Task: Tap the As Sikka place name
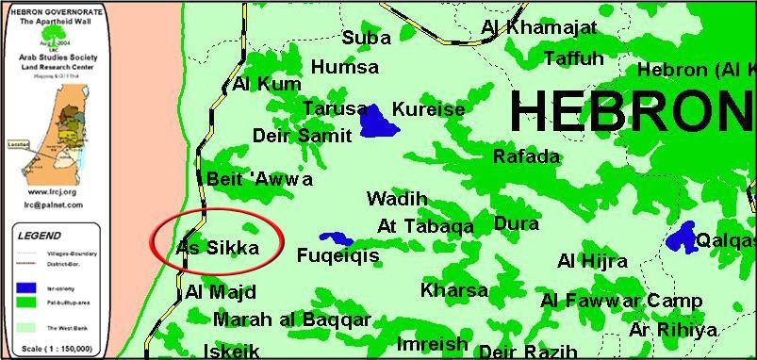[x=218, y=248]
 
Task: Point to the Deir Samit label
[x=302, y=136]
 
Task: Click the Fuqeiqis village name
[x=337, y=255]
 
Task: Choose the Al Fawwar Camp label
[x=621, y=301]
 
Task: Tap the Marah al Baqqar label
[x=291, y=319]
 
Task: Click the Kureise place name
[x=428, y=109]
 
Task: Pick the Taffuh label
[x=573, y=58]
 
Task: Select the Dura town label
[x=517, y=224]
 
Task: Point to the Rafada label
[x=526, y=156]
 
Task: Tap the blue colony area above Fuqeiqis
[x=336, y=239]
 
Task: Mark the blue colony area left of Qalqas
[x=682, y=237]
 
